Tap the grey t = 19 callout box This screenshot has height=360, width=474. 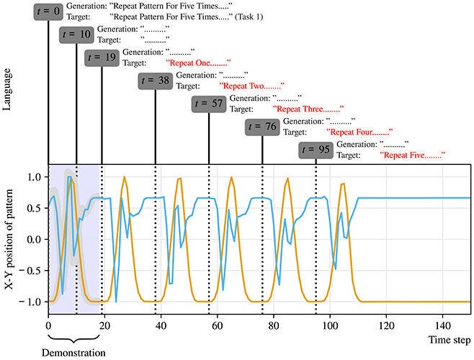click(x=102, y=58)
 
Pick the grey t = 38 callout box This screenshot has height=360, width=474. click(x=155, y=81)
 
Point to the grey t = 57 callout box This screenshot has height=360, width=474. click(x=209, y=104)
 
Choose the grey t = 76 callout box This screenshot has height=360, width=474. click(x=262, y=127)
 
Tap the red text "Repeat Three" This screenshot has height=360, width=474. click(x=307, y=109)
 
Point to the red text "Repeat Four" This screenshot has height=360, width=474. click(x=360, y=132)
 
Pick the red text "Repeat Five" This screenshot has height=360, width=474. click(x=413, y=156)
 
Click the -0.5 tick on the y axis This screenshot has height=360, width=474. click(x=32, y=269)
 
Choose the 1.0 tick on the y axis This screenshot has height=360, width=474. click(x=34, y=176)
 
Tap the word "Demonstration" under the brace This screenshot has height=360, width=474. click(x=74, y=353)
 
